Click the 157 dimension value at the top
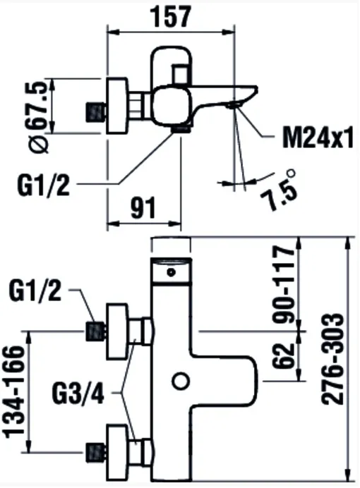[170, 17]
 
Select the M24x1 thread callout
[318, 138]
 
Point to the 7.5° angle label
[279, 189]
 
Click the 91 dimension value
[143, 208]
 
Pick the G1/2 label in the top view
[44, 185]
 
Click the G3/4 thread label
[78, 395]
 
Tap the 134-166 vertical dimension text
[14, 391]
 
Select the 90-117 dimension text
[283, 284]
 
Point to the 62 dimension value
[283, 355]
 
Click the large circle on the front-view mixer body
[181, 381]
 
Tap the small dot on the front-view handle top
[171, 272]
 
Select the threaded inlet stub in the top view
[96, 111]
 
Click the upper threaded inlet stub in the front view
[96, 331]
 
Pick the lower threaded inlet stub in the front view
[96, 451]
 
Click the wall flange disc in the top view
[117, 106]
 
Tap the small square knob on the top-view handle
[181, 74]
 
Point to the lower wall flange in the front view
[117, 451]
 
